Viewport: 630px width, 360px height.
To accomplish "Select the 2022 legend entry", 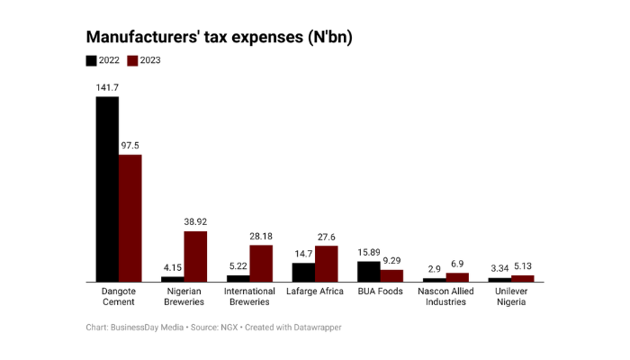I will tap(101, 60).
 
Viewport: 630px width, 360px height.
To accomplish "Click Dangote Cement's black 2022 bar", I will tap(108, 189).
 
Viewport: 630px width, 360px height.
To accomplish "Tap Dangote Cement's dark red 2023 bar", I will tap(130, 218).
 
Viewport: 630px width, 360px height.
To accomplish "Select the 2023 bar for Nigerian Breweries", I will tap(195, 256).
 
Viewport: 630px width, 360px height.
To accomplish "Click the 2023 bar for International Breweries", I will tap(261, 264).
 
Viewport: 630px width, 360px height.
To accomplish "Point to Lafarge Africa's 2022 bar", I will tap(303, 272).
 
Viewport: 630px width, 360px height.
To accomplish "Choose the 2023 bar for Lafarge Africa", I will tap(326, 264).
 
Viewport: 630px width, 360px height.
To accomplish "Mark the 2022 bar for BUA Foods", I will tap(369, 271).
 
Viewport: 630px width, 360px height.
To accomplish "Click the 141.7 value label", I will tap(108, 87).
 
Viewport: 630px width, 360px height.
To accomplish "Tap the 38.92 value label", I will tap(195, 221).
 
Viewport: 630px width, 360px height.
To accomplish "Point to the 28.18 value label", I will tap(261, 236).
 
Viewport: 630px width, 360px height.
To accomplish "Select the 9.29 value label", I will tap(392, 260).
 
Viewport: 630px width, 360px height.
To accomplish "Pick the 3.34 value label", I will tap(499, 267).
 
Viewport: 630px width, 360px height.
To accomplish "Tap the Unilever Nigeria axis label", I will tap(511, 296).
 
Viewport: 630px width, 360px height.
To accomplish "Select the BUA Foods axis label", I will tap(380, 291).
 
